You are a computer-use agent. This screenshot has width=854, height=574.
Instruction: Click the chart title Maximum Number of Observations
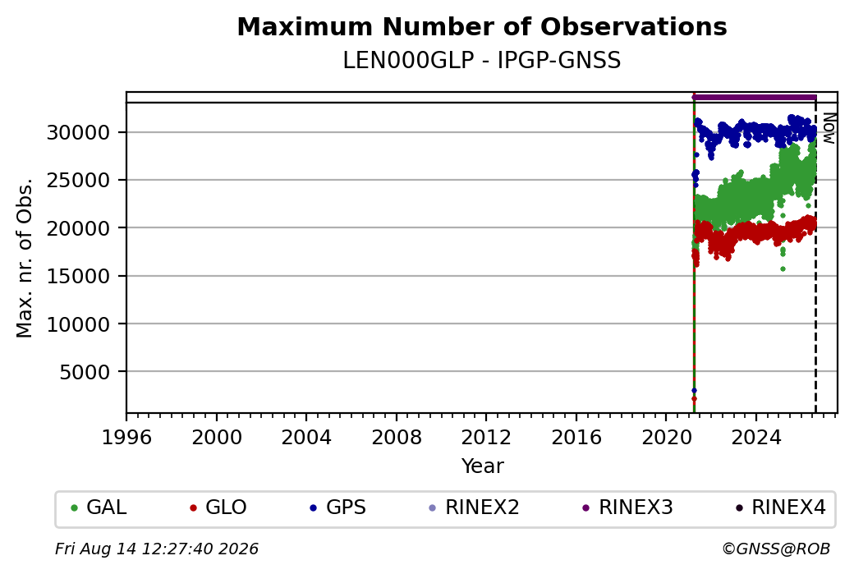point(482,26)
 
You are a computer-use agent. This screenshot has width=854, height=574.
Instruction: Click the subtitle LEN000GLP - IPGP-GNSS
point(482,61)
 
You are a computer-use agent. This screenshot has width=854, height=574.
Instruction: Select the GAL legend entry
point(99,507)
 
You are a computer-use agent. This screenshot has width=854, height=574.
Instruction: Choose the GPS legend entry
point(337,507)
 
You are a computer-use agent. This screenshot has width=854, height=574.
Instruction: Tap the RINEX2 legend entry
point(474,507)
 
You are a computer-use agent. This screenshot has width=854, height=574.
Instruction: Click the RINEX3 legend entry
point(627,507)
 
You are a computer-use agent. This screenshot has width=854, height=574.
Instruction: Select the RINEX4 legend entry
point(780,507)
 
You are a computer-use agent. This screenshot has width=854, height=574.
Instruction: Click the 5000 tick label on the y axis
point(85,372)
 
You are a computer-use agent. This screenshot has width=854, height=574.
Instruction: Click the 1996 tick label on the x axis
point(126,437)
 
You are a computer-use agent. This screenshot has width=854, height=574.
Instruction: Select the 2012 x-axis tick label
point(486,437)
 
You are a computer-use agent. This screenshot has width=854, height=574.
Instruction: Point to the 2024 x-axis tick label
point(756,437)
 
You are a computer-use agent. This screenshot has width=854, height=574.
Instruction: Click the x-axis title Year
point(483,466)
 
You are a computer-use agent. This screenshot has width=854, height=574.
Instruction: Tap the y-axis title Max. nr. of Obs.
point(25,257)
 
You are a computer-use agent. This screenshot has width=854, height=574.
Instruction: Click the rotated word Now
point(829,129)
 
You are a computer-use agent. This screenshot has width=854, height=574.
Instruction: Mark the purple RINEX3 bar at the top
point(755,98)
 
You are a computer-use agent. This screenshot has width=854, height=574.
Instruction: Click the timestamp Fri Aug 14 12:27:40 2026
point(157,549)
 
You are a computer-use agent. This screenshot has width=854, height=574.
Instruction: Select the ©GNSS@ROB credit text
point(776,549)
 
